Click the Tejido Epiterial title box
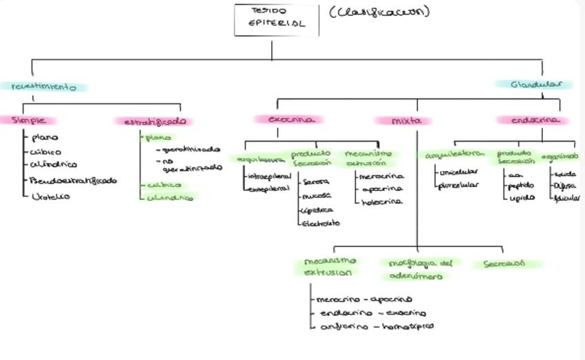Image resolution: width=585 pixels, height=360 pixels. coord(277,19)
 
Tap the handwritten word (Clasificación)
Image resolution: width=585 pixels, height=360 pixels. coord(379,12)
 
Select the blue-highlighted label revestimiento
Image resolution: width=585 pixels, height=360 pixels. coord(43,88)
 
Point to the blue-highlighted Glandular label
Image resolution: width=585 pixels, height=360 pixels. coord(533,85)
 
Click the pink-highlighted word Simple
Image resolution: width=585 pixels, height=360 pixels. coord(28,121)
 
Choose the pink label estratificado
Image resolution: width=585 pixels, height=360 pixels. coord(155,121)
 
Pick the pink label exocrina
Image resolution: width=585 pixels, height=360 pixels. coord(288,119)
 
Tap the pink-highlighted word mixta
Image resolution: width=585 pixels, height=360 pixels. coord(406,121)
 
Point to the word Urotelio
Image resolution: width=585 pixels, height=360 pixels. coord(50,197)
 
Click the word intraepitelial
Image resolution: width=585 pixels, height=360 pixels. coord(269,176)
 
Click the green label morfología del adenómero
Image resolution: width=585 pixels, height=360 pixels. coord(419,269)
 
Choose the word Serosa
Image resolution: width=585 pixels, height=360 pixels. coord(315,182)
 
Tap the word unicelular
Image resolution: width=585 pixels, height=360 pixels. coord(459,172)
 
